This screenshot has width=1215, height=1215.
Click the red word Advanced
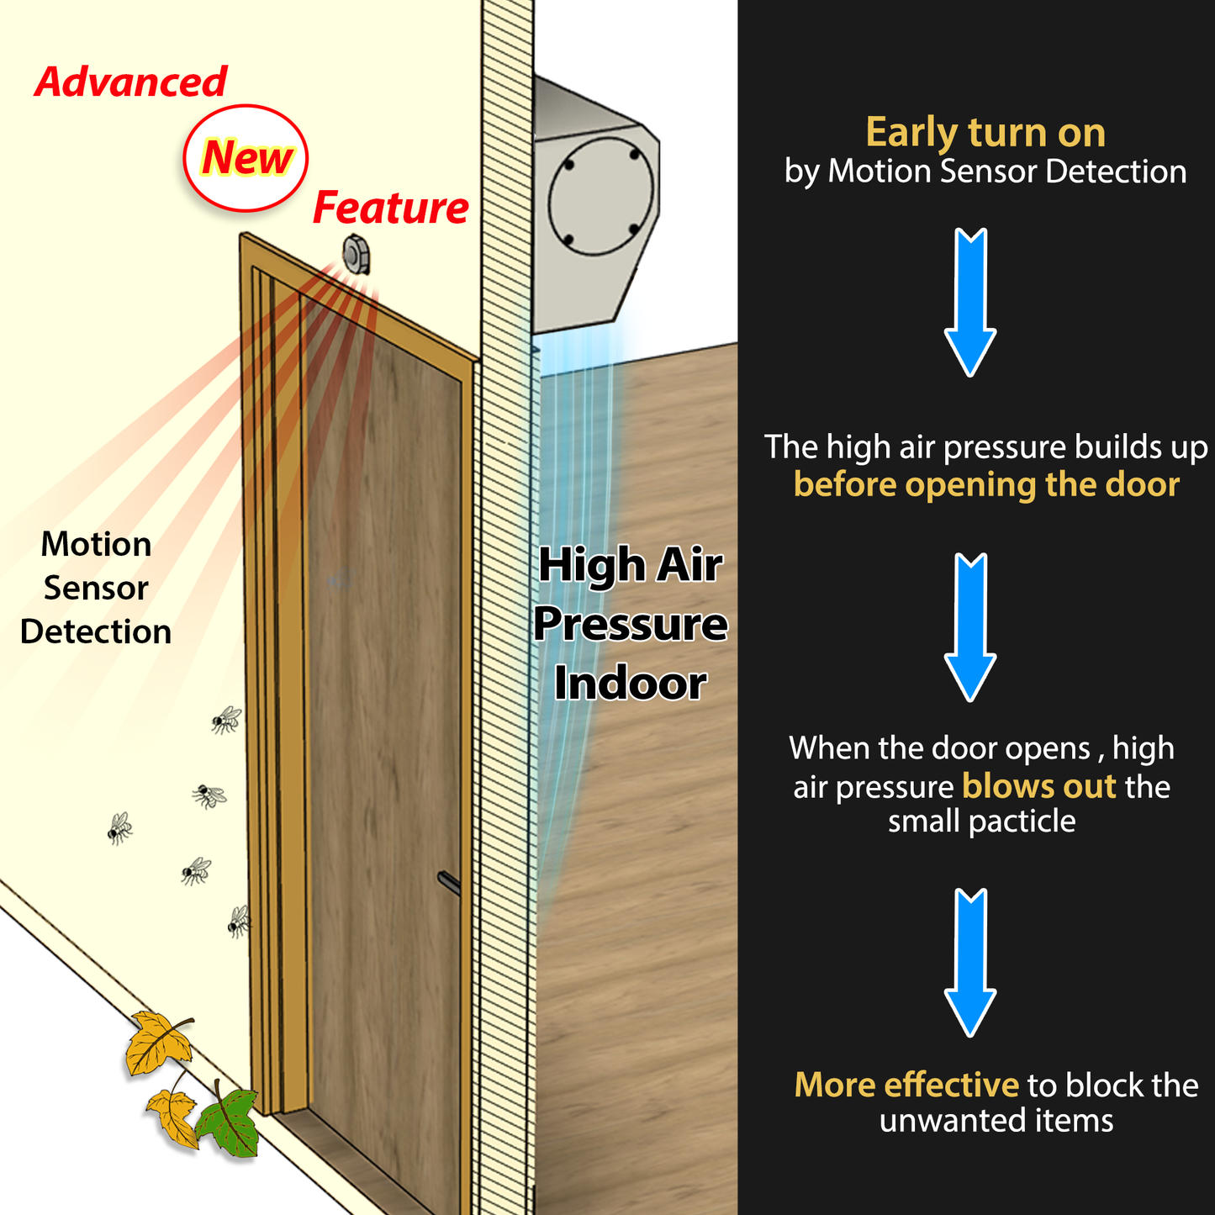tap(130, 82)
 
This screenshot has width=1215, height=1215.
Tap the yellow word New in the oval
tap(246, 158)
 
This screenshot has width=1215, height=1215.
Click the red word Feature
tap(390, 208)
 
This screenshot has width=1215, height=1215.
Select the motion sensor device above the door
tap(357, 254)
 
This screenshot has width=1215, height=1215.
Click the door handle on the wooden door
tap(448, 883)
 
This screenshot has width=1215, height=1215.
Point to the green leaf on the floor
tap(230, 1121)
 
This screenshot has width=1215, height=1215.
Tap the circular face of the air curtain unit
tap(600, 195)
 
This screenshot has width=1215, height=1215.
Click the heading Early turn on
tap(985, 133)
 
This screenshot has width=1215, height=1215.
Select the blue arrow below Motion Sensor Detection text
tap(970, 303)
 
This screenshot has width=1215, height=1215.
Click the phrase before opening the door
tap(985, 485)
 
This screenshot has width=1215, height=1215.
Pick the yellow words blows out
tap(1038, 786)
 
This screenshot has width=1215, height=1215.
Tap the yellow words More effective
tap(906, 1085)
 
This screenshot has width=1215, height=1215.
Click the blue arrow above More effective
tap(970, 963)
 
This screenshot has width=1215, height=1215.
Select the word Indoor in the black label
tap(630, 683)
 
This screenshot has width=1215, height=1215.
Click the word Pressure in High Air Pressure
tap(630, 624)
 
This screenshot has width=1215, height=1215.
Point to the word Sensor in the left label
tap(96, 589)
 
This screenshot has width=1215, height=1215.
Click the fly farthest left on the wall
tap(119, 828)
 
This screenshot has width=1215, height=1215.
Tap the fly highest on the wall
tap(225, 720)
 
